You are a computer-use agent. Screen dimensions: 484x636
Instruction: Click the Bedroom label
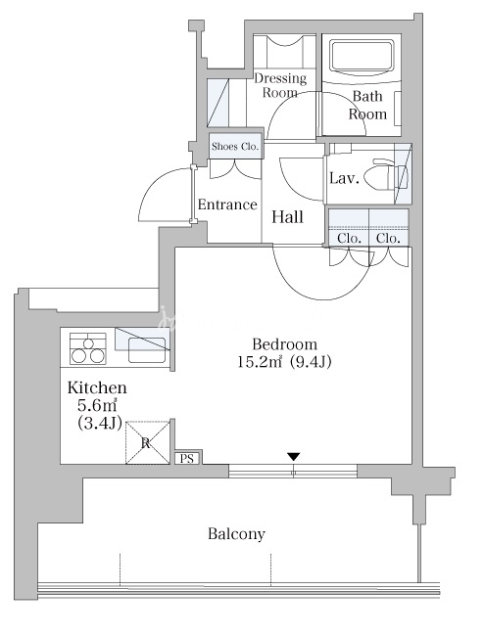click(284, 344)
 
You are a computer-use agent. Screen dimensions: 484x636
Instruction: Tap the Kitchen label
click(97, 387)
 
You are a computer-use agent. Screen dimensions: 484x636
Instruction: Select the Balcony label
click(236, 534)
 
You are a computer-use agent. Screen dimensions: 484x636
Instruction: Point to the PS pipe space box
click(187, 459)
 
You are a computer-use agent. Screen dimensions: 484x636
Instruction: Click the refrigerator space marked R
click(147, 442)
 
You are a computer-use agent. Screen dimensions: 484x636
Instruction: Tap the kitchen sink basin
click(147, 349)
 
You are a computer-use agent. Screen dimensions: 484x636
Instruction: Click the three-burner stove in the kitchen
click(88, 348)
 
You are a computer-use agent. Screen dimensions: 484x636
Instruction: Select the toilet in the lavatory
click(386, 176)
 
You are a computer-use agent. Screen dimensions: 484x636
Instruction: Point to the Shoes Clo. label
click(235, 147)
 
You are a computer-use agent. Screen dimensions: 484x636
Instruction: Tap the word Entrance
click(227, 204)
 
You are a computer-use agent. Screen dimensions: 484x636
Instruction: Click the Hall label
click(287, 217)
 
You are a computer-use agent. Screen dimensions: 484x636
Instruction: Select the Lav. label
click(344, 178)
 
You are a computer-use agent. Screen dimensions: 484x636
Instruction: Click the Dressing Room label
click(280, 85)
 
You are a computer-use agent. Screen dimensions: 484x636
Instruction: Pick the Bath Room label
click(367, 105)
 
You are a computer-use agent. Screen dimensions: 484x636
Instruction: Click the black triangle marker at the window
click(294, 457)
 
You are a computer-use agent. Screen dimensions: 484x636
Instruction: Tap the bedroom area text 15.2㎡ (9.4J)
click(284, 362)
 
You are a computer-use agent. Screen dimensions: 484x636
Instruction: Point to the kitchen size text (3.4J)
click(100, 423)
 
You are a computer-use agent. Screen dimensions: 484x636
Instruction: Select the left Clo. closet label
click(349, 239)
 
